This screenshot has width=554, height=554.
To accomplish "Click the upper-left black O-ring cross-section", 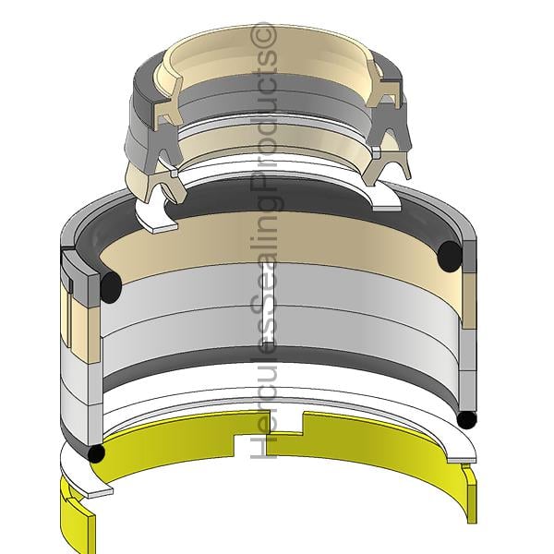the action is pos(111,287).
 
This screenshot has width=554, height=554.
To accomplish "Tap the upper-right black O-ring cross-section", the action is pos(450,256).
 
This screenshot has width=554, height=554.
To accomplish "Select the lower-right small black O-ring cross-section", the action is pos(466,420).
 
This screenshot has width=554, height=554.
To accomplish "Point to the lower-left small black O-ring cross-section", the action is pos(96,453).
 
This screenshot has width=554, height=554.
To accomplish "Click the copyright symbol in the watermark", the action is pos(263,35).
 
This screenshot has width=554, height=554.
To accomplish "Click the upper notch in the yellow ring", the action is pos(285,423).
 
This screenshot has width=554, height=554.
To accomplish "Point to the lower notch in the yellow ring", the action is pos(250,447).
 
